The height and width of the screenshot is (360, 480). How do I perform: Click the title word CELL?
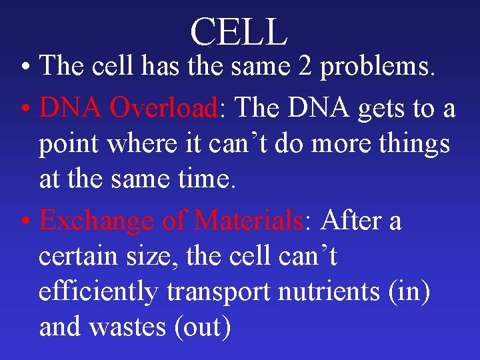pos(239,31)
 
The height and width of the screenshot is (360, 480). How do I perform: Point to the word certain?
pos(79,256)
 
